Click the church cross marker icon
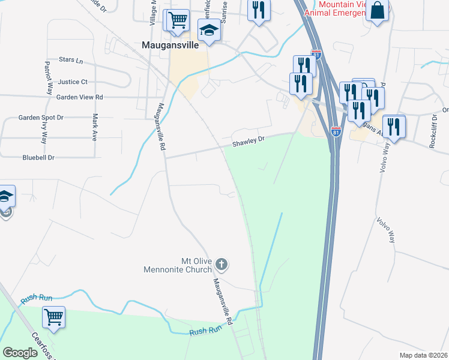221,263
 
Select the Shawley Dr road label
249,141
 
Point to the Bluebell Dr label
38,157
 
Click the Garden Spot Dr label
41,118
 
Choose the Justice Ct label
73,82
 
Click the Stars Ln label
71,60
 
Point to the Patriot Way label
49,77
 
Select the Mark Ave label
94,128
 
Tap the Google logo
20,353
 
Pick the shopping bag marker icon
378,10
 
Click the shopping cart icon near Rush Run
53,316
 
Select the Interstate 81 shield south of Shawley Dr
337,131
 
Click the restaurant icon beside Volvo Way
394,126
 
